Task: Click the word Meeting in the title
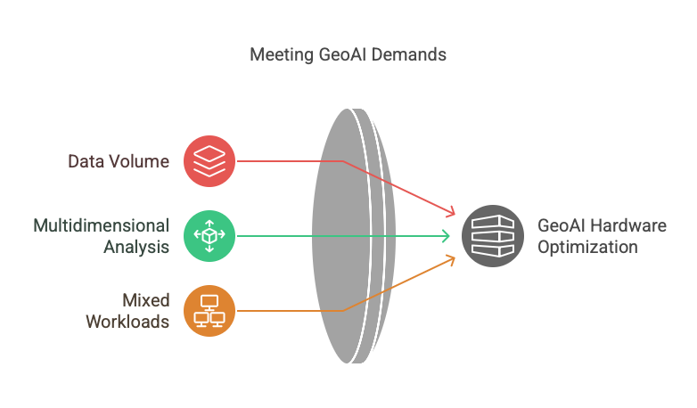click(279, 55)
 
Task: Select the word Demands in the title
click(408, 55)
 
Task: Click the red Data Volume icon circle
click(209, 161)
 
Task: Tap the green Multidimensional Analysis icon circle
click(209, 235)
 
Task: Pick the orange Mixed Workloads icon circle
click(209, 309)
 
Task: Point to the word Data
click(86, 162)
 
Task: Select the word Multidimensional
click(101, 225)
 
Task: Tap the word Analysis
click(136, 247)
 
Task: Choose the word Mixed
click(146, 299)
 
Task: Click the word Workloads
click(127, 321)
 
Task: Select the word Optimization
click(587, 247)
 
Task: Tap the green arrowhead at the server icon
click(446, 235)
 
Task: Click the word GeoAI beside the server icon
click(561, 225)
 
